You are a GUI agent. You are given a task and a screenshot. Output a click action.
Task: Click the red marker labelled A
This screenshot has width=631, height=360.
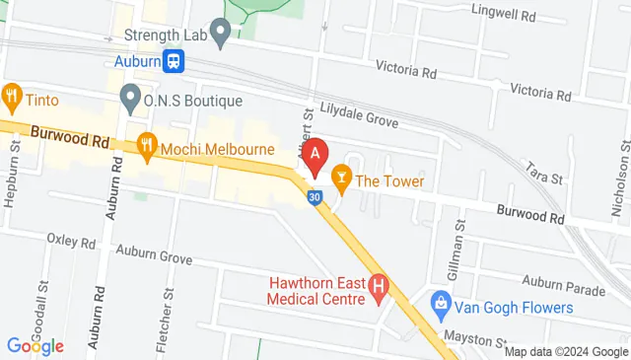(x=315, y=155)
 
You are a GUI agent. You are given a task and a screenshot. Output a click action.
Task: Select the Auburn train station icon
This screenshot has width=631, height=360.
(x=175, y=60)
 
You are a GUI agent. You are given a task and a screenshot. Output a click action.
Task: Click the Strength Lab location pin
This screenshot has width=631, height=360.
(x=220, y=36)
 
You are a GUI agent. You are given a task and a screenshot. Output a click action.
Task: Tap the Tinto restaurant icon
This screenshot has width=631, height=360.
(x=13, y=98)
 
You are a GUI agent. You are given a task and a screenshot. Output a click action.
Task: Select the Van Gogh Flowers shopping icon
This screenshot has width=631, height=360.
(x=442, y=302)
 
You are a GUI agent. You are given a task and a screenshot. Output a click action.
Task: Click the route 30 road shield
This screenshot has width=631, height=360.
(x=314, y=198)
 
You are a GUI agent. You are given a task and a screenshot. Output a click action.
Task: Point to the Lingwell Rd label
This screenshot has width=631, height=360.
(x=503, y=16)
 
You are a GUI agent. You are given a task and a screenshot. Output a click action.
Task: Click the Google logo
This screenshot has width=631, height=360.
(x=35, y=346)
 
